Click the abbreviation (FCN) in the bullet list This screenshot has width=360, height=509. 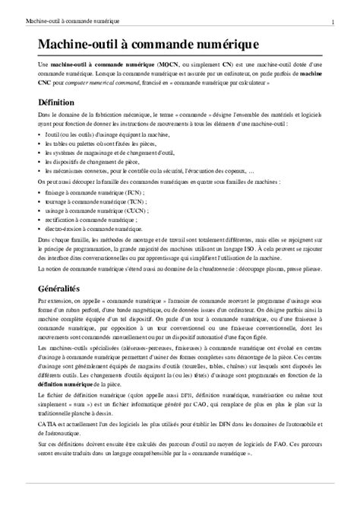pos(118,193)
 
